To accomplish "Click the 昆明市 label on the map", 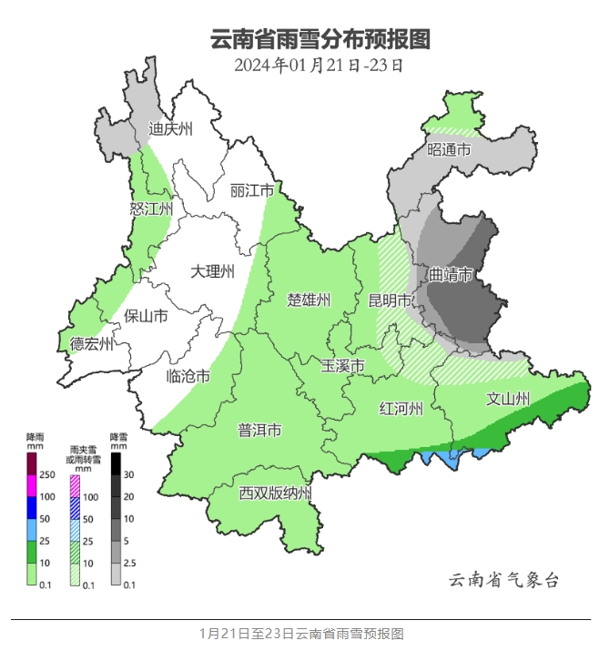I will coord(389,300).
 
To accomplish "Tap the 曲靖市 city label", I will coord(452,274).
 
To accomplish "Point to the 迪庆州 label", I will coord(171,129).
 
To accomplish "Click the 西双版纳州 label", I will coord(276,493).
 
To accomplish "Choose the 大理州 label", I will coord(213,271).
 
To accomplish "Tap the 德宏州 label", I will coord(92,343).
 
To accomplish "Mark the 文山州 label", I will coord(508,398).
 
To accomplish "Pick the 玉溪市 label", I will coord(343,365).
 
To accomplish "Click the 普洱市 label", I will coord(259,430).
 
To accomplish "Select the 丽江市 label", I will coord(252,190).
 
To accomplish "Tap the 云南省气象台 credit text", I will coord(503,580).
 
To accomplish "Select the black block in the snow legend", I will coord(116,463).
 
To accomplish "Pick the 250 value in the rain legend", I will coord(47,475).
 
